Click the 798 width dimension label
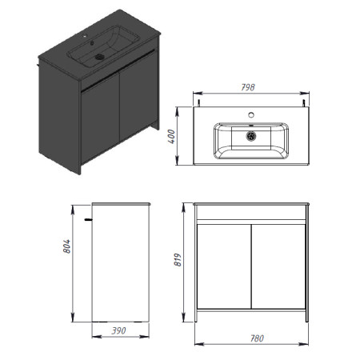pyautogui.click(x=248, y=87)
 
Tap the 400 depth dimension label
pyautogui.click(x=171, y=137)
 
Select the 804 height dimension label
pyautogui.click(x=66, y=246)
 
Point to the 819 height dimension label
pyautogui.click(x=178, y=260)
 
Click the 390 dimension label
pyautogui.click(x=118, y=331)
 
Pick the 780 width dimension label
pyautogui.click(x=257, y=338)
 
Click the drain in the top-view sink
pyautogui.click(x=251, y=136)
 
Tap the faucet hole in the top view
pyautogui.click(x=251, y=115)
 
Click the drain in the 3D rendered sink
pyautogui.click(x=99, y=57)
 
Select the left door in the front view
pyautogui.click(x=223, y=266)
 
